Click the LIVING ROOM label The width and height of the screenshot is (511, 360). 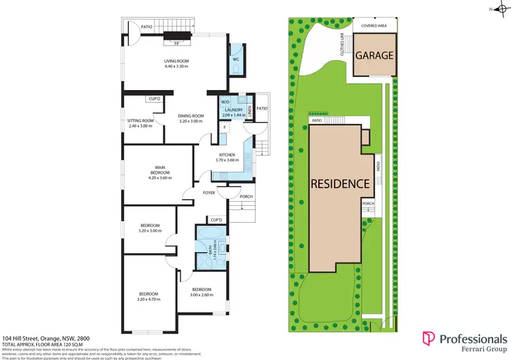(176, 61)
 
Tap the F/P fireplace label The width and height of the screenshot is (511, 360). (177, 43)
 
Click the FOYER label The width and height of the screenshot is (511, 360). (209, 193)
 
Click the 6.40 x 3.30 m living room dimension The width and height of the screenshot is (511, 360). (176, 66)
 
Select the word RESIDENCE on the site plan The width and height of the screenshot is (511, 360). (341, 183)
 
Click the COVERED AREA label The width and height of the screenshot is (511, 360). (373, 25)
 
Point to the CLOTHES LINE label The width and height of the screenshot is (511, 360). (343, 46)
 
